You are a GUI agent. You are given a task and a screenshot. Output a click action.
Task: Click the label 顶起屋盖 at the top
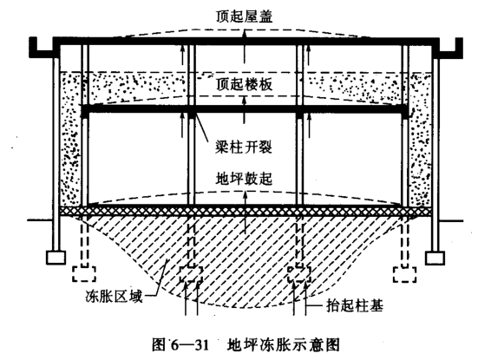coord(244,16)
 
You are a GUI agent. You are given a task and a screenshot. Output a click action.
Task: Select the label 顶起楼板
coord(244,84)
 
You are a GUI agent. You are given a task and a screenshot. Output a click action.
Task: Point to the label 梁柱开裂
coord(244,147)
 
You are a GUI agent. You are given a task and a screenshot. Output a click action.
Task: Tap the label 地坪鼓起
coord(244,179)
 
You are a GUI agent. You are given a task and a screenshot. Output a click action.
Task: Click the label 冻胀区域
coord(114,297)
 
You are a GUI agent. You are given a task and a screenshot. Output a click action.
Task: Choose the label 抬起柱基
coord(355,305)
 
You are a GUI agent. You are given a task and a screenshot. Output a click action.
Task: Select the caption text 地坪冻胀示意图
coord(283,345)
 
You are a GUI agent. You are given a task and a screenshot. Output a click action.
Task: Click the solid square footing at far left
coord(56,258)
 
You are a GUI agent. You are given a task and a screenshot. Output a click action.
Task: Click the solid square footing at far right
coord(435,259)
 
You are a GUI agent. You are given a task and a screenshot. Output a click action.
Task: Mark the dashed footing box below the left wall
coord(84,274)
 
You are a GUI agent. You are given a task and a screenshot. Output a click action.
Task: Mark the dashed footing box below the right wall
coord(405,274)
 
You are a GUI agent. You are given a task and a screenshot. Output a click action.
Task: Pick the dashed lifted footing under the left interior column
coord(191,274)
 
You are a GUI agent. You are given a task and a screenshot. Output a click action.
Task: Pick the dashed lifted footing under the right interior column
coord(299,274)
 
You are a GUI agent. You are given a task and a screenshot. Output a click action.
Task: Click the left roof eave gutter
coord(43,48)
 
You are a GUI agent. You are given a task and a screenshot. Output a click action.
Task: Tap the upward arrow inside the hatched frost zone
coord(245,225)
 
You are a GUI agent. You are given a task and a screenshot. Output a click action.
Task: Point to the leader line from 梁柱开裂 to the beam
coord(201,128)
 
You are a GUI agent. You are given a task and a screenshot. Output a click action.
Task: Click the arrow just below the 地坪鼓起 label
coord(244,198)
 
